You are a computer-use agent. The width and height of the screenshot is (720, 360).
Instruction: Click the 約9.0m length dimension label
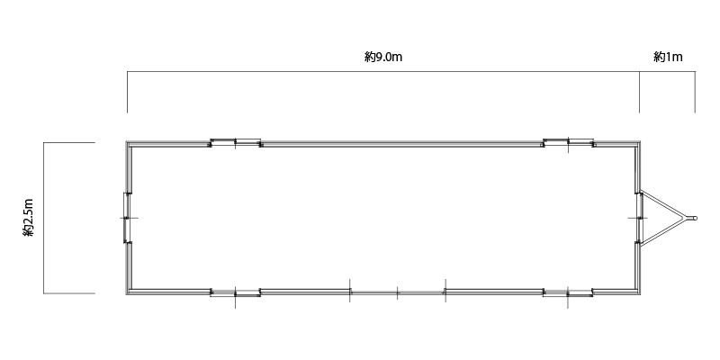[383, 57]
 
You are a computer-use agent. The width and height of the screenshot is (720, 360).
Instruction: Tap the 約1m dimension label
[668, 57]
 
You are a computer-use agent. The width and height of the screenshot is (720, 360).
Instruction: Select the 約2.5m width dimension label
[29, 218]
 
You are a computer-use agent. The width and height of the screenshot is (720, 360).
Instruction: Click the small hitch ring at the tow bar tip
[694, 218]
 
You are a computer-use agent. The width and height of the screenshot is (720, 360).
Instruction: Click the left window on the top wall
[235, 142]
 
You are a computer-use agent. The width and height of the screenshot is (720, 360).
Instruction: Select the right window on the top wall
[568, 142]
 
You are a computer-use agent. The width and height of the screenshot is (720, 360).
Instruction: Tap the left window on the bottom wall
[235, 292]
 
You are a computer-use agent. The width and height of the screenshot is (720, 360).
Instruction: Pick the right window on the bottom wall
[568, 292]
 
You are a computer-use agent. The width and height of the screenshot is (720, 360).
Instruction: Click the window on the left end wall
[127, 218]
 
